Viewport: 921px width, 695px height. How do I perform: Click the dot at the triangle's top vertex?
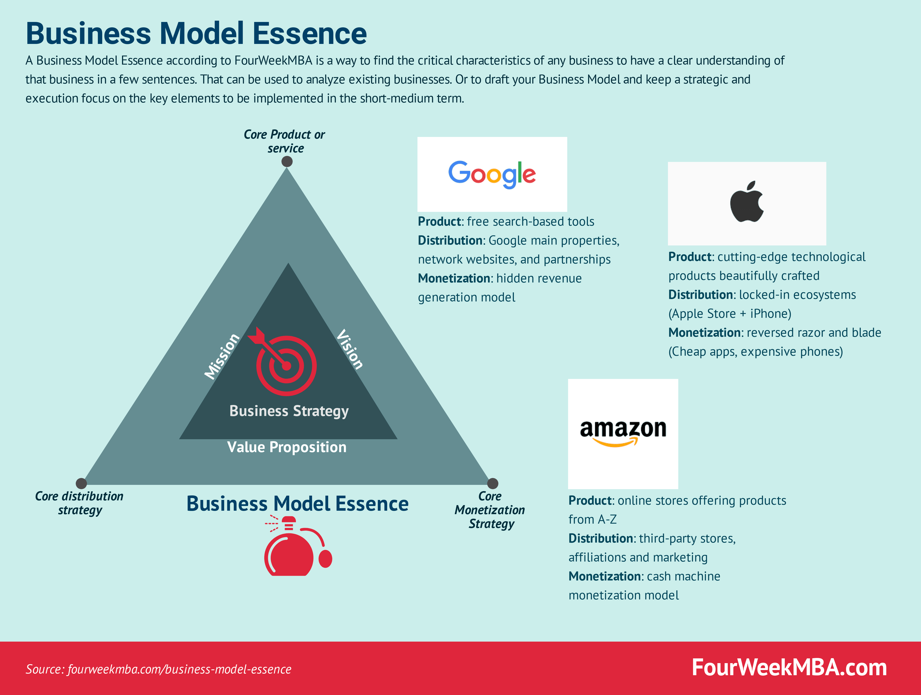[287, 162]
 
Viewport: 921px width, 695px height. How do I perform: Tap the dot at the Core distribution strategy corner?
[81, 483]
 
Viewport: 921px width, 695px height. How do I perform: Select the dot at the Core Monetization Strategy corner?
[493, 483]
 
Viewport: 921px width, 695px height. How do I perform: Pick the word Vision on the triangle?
[350, 349]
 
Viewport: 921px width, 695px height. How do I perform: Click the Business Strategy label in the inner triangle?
[289, 411]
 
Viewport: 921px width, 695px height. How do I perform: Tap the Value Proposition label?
[287, 447]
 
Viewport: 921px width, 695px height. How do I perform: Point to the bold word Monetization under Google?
[454, 278]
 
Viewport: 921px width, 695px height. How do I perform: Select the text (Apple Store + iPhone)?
[729, 314]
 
